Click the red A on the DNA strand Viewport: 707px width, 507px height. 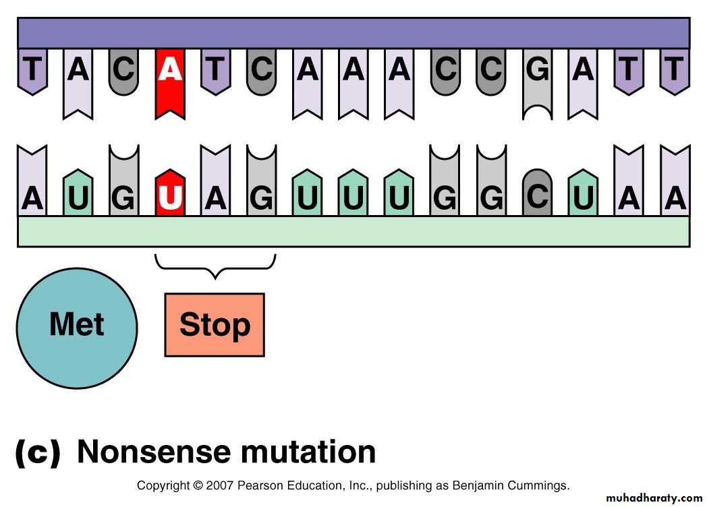[x=170, y=84]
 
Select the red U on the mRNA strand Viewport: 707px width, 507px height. [x=170, y=193]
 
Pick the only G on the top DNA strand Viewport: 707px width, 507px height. [x=538, y=84]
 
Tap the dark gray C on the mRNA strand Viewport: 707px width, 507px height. [x=538, y=193]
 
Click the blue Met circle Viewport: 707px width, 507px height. [x=77, y=328]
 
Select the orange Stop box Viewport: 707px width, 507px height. [x=215, y=325]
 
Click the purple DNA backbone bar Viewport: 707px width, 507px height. [x=353, y=33]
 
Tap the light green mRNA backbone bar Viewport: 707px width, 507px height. [x=353, y=232]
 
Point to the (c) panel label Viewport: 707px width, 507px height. [x=38, y=452]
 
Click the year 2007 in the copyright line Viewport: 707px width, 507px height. [x=219, y=486]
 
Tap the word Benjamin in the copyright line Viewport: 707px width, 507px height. [x=478, y=486]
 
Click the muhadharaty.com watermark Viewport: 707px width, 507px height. [x=654, y=498]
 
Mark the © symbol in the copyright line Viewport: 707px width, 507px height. [x=198, y=486]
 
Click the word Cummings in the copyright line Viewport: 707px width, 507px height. [x=538, y=486]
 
